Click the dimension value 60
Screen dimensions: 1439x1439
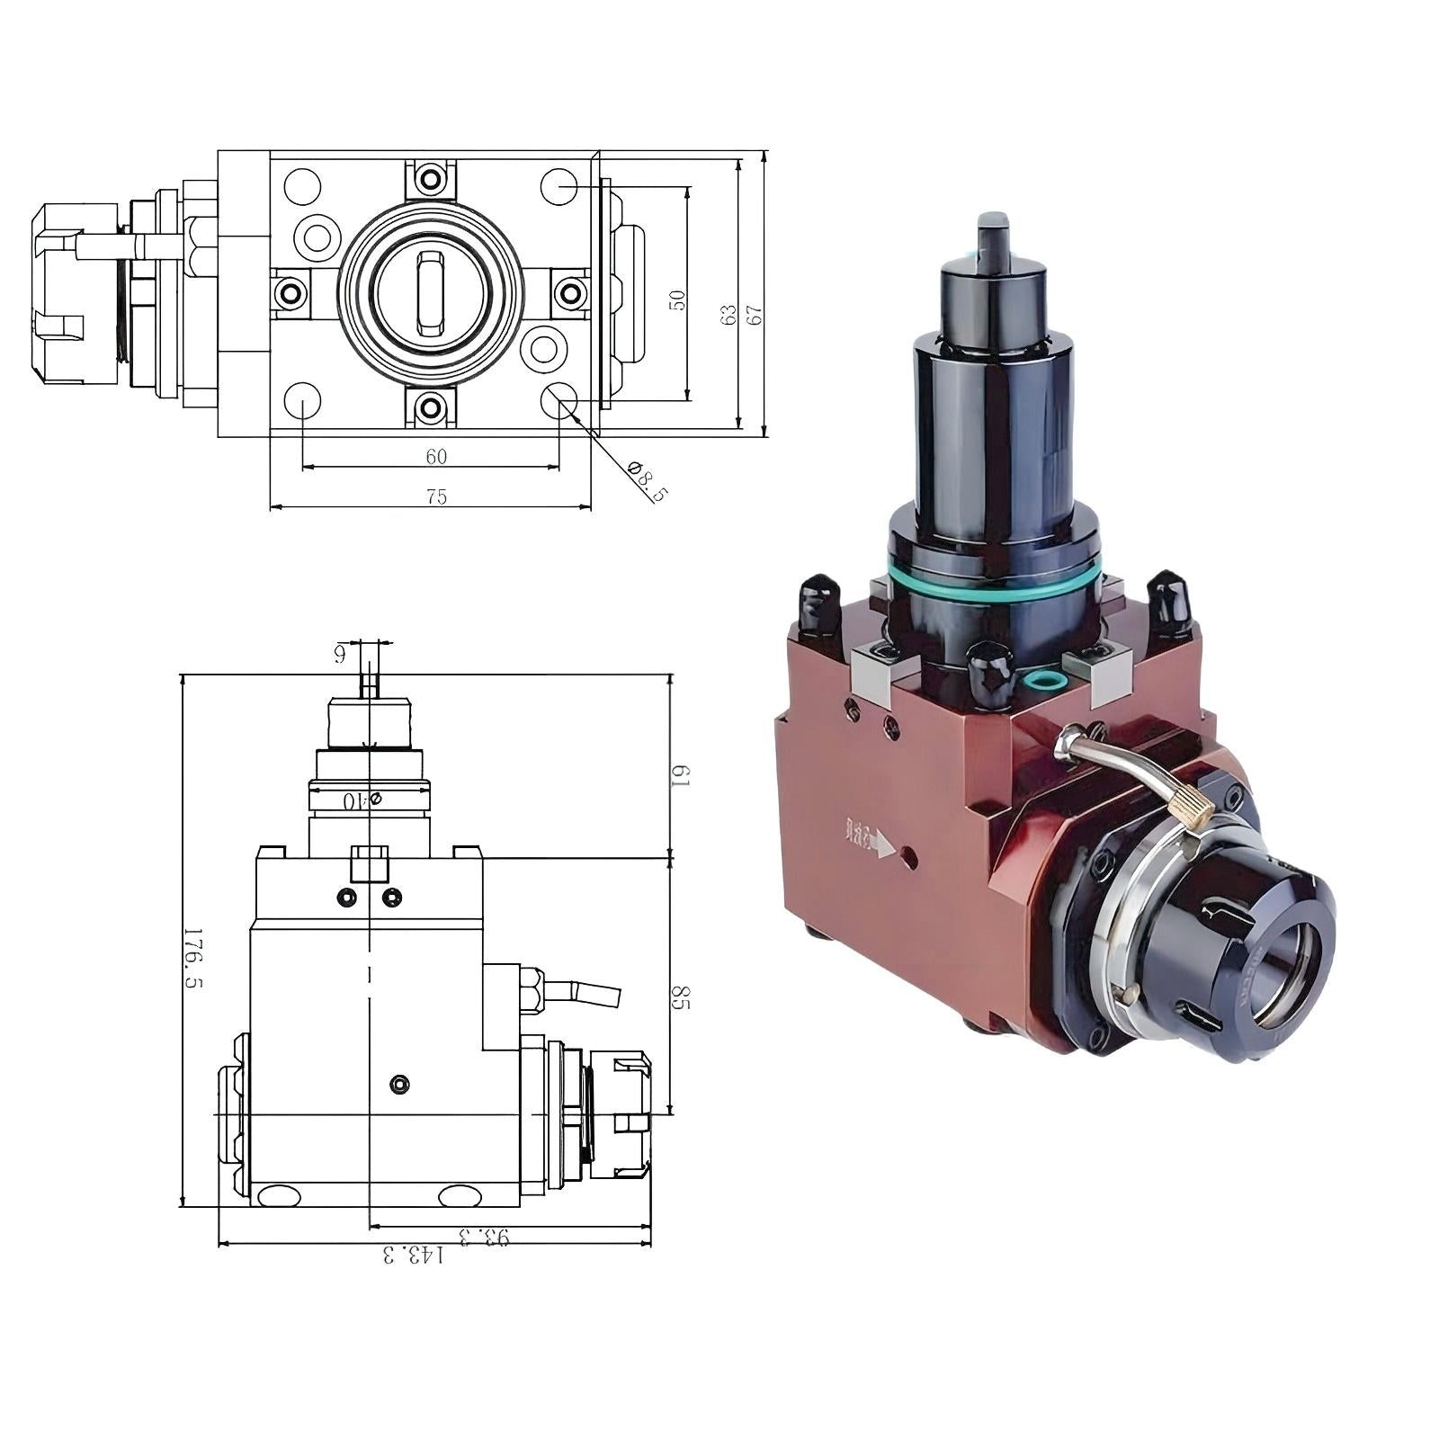click(436, 457)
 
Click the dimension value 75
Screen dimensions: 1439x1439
click(436, 497)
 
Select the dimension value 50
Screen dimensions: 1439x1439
click(678, 299)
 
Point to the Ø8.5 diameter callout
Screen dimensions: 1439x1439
click(648, 481)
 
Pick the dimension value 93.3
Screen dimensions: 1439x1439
click(483, 1236)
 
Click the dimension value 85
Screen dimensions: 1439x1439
click(681, 997)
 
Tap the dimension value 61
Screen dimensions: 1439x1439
click(681, 774)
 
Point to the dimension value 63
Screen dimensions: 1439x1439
click(729, 314)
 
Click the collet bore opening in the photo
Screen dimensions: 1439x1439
click(1287, 976)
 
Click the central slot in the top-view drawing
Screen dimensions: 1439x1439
click(430, 292)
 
